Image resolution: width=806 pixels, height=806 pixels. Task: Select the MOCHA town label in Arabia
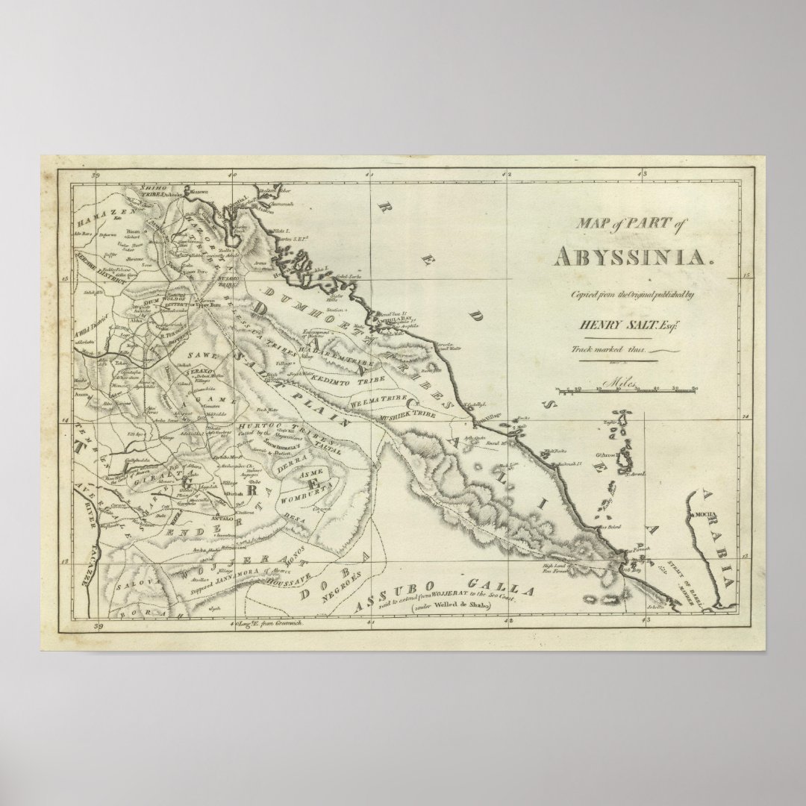click(x=706, y=515)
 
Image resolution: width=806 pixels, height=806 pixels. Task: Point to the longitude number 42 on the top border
click(x=507, y=175)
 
